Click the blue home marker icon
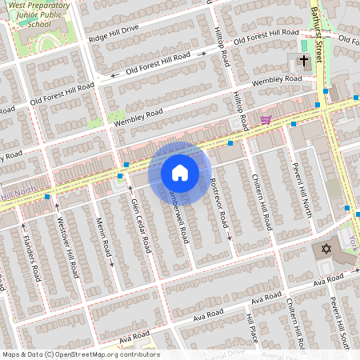tap(180, 172)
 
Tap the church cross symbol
tap(304, 61)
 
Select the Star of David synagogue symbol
tap(325, 250)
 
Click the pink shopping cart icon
tap(265, 120)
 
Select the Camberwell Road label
tap(178, 216)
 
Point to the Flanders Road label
tap(30, 256)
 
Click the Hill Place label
tap(253, 329)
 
